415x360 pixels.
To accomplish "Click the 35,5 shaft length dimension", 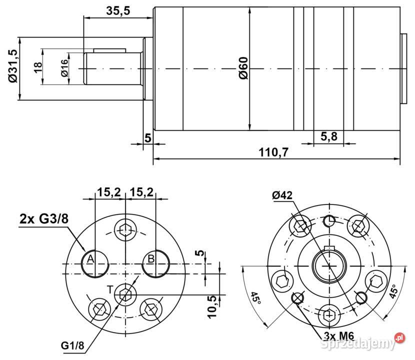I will click(118, 11).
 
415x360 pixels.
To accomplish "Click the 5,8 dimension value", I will click(328, 136).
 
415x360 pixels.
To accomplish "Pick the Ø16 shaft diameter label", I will click(64, 67).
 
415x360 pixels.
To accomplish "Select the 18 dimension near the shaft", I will click(37, 67).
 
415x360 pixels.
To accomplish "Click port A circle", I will click(94, 262).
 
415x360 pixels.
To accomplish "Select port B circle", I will click(155, 262).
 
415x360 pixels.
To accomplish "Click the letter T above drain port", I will click(110, 288).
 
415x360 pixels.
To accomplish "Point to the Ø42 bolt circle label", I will click(283, 195).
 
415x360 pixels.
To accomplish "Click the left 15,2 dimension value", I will click(109, 192).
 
